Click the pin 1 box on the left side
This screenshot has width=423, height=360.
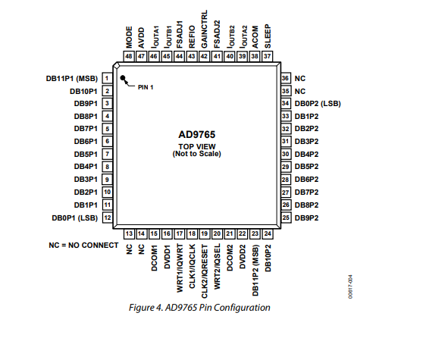click(107, 78)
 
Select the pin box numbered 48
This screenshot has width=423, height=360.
click(129, 56)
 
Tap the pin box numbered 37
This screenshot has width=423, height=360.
click(268, 56)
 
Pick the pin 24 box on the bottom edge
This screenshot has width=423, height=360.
click(268, 233)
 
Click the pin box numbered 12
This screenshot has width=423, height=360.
click(108, 218)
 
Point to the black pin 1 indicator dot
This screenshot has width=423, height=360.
click(123, 78)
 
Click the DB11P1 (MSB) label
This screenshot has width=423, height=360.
click(72, 79)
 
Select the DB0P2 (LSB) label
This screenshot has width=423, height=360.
click(318, 104)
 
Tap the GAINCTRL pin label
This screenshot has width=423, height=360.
click(204, 29)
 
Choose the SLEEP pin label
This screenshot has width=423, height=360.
click(268, 36)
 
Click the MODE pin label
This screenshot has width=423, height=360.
click(129, 37)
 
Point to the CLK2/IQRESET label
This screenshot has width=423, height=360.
click(205, 271)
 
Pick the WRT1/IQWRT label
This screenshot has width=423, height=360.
click(180, 268)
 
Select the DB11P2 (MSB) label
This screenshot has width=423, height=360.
click(255, 271)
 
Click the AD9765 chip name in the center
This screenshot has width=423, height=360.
click(197, 135)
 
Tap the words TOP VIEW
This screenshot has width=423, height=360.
click(197, 147)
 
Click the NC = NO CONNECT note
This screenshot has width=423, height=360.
click(83, 245)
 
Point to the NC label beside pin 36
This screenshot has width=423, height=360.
click(300, 79)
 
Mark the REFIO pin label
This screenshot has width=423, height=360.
click(192, 37)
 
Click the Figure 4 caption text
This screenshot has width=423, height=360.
click(199, 308)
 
